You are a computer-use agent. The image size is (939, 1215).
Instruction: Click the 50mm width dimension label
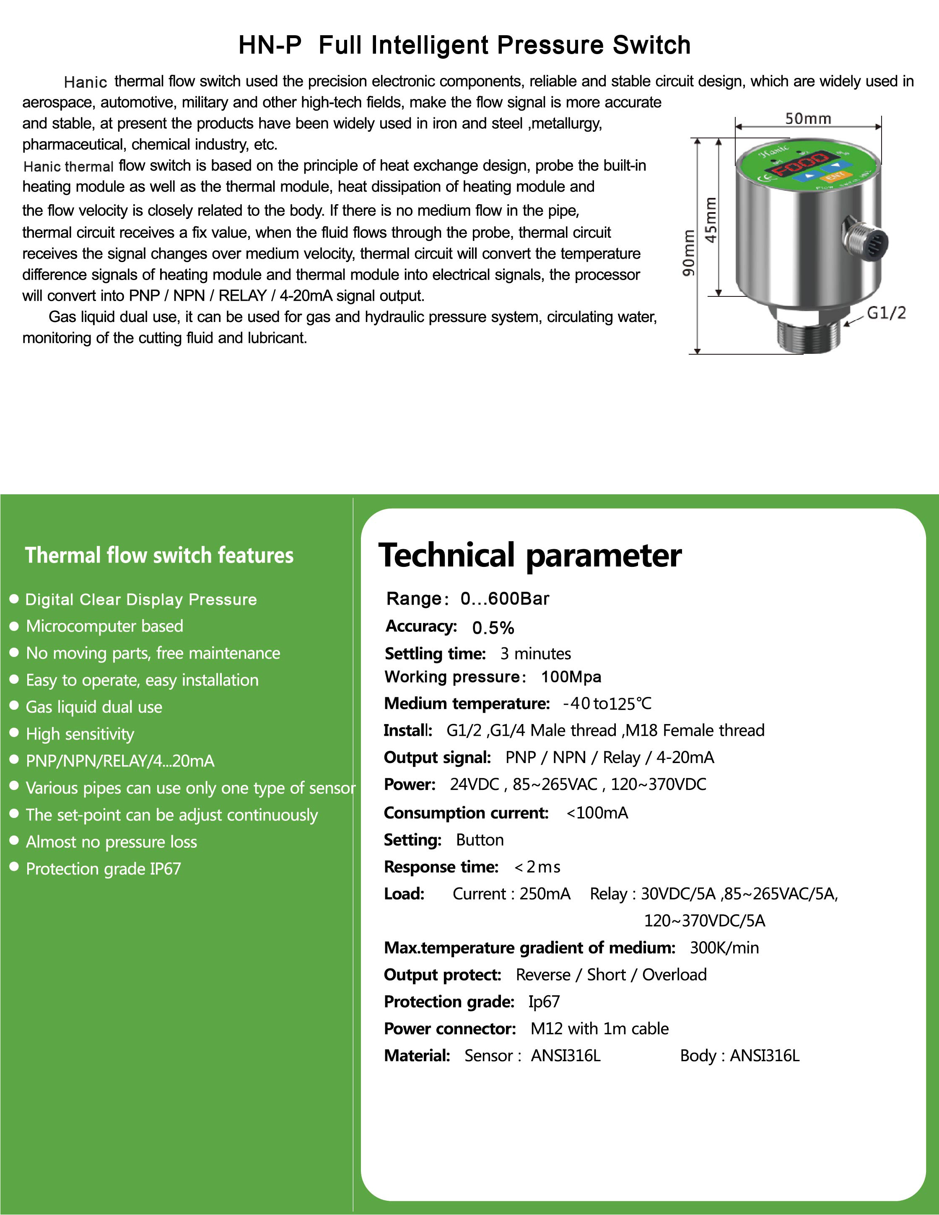tap(808, 119)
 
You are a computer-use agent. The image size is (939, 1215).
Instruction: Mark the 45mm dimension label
tap(711, 220)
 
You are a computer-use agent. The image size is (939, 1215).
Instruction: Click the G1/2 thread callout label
tap(886, 313)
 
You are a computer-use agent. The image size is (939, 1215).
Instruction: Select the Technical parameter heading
tap(529, 555)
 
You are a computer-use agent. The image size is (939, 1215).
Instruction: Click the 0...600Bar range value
tap(505, 599)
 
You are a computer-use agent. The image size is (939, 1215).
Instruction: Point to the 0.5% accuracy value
tap(493, 628)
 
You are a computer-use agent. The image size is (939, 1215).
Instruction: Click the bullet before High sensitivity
tap(15, 733)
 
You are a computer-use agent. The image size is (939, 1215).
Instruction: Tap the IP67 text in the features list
tap(165, 868)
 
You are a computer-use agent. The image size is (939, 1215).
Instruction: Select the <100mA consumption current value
tap(597, 813)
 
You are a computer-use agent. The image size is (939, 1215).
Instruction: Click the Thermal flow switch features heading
tap(159, 555)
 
